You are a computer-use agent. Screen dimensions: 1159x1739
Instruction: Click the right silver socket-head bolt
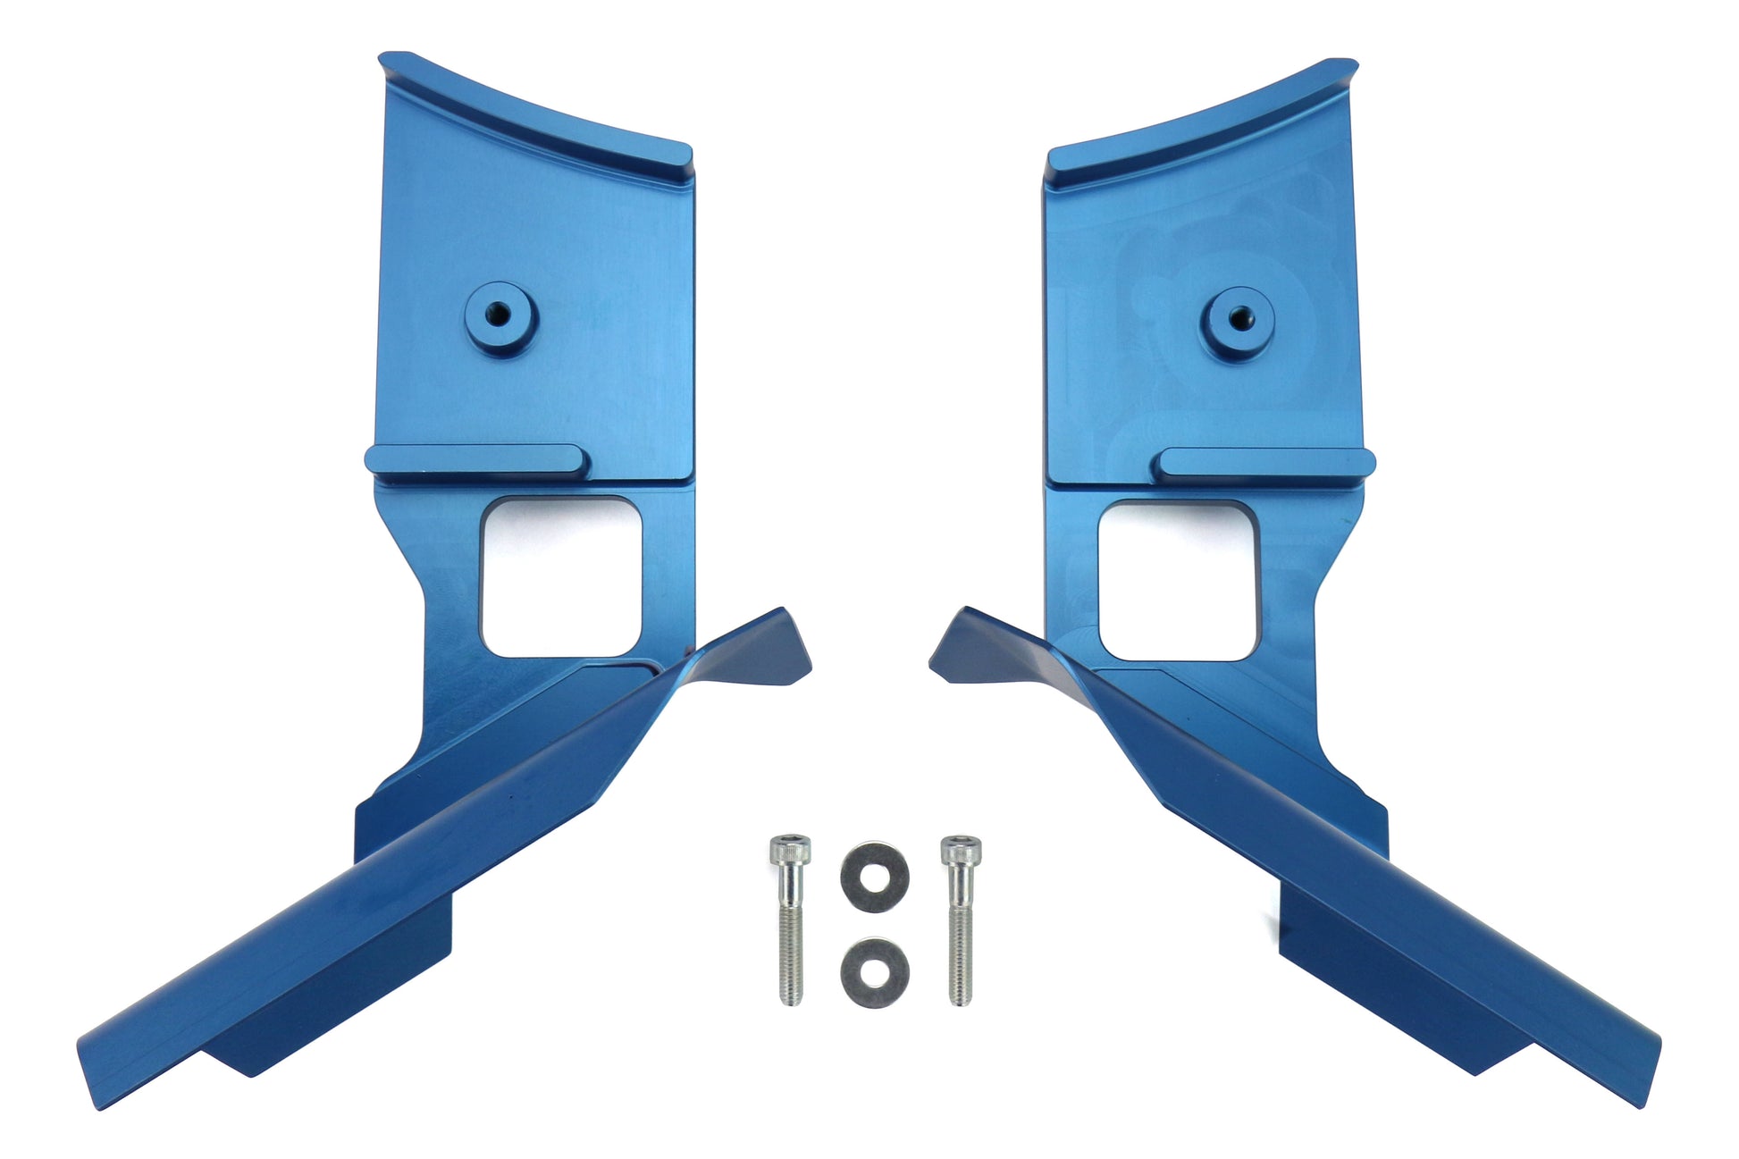[959, 920]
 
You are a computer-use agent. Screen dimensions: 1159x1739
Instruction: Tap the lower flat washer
[875, 971]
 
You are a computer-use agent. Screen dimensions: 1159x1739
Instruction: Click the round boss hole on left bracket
[500, 315]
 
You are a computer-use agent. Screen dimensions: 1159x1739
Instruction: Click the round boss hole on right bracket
[1238, 315]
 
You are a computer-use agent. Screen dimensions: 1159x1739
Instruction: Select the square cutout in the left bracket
[560, 577]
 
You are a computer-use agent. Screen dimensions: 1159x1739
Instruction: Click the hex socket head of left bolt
[789, 848]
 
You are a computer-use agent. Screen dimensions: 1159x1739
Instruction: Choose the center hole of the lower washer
[875, 971]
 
